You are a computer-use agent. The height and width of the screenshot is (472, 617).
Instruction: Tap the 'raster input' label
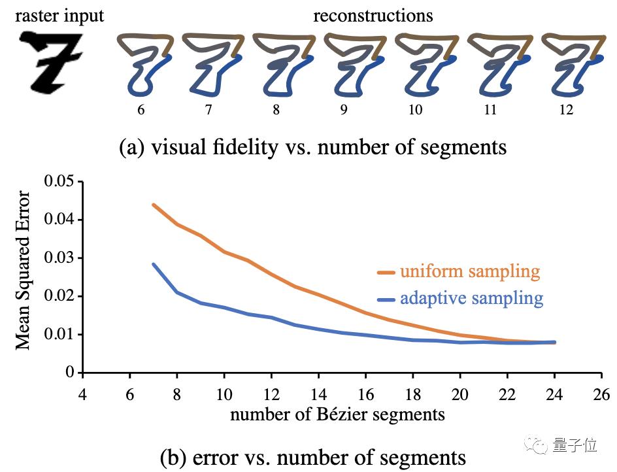pos(60,14)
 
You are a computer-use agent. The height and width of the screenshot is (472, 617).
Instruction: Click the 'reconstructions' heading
pos(373,15)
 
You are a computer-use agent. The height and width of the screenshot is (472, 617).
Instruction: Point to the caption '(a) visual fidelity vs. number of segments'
pos(313,147)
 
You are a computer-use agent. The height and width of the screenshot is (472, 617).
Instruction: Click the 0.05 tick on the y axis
pos(59,182)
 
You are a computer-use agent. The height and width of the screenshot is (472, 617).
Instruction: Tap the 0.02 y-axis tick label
pos(59,296)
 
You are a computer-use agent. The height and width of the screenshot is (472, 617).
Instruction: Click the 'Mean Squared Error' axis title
pos(24,269)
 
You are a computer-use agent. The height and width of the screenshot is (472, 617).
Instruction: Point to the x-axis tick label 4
pos(82,394)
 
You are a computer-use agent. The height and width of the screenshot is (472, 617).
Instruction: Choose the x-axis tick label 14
pos(318,394)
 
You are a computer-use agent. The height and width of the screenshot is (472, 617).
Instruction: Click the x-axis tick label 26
pos(601,394)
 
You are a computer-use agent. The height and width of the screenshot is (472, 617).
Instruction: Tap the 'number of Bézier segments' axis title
pos(338,414)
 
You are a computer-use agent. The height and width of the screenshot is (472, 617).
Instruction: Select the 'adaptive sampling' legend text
pos(471,299)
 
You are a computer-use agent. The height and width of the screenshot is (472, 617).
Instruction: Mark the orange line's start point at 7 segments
pos(153,205)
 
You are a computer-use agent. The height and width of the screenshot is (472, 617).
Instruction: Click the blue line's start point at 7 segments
pos(153,264)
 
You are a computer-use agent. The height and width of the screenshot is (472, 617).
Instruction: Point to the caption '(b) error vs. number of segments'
pos(313,457)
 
